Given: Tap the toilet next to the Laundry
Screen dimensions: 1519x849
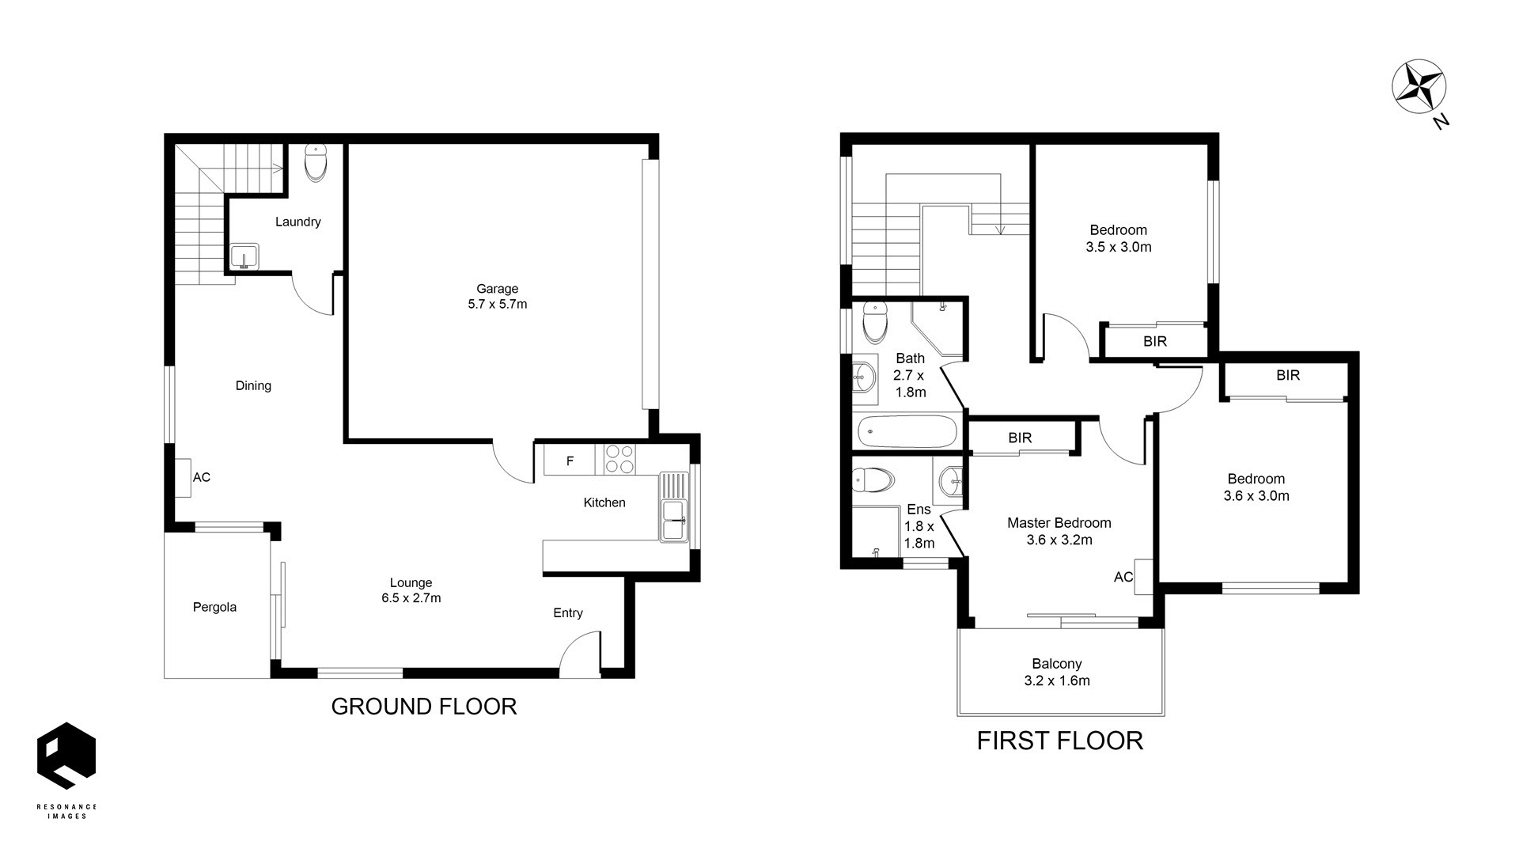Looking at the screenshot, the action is (x=315, y=163).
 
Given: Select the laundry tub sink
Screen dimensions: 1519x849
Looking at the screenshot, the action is (x=244, y=256).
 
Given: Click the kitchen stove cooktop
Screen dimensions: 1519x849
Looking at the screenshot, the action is (x=619, y=460).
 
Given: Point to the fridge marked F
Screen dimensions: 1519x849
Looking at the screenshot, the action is (x=570, y=461).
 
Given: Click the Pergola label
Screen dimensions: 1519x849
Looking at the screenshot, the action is (x=214, y=607).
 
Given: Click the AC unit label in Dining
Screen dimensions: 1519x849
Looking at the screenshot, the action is (x=202, y=477).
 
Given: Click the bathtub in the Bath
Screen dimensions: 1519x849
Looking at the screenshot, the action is (x=907, y=432).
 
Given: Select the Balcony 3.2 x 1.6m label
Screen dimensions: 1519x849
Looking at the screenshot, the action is (x=1056, y=673).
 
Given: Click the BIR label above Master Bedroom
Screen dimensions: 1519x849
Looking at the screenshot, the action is (x=1020, y=438).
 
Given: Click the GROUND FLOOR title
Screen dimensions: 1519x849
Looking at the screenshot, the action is (x=424, y=707).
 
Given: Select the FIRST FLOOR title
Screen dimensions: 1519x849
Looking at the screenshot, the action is (x=1059, y=741).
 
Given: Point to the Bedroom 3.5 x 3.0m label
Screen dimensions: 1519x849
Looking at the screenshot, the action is (x=1118, y=238).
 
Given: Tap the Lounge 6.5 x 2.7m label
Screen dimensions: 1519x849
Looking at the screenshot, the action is (x=411, y=590).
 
